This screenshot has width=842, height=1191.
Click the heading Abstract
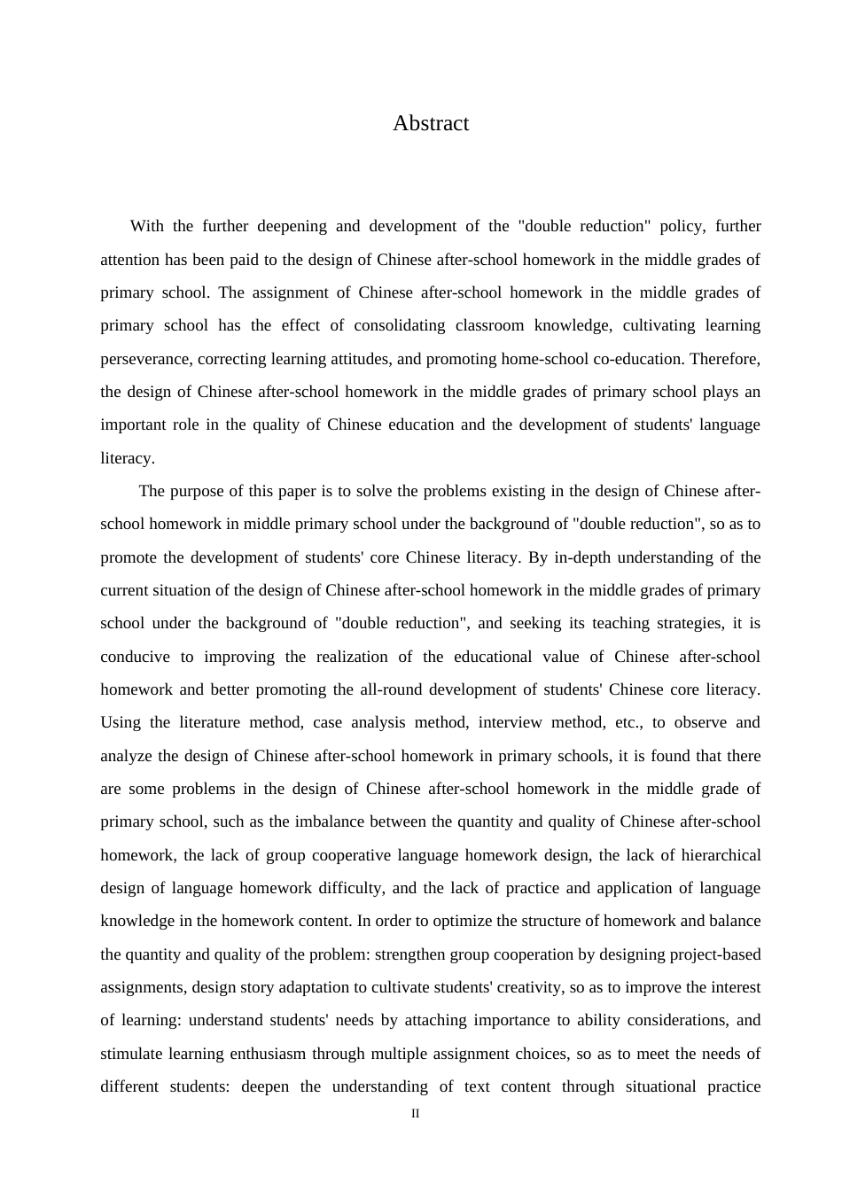click(431, 123)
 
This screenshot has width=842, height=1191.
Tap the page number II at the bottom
click(415, 1114)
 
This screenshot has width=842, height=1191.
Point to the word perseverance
click(144, 359)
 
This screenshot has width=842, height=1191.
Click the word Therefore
click(724, 359)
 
